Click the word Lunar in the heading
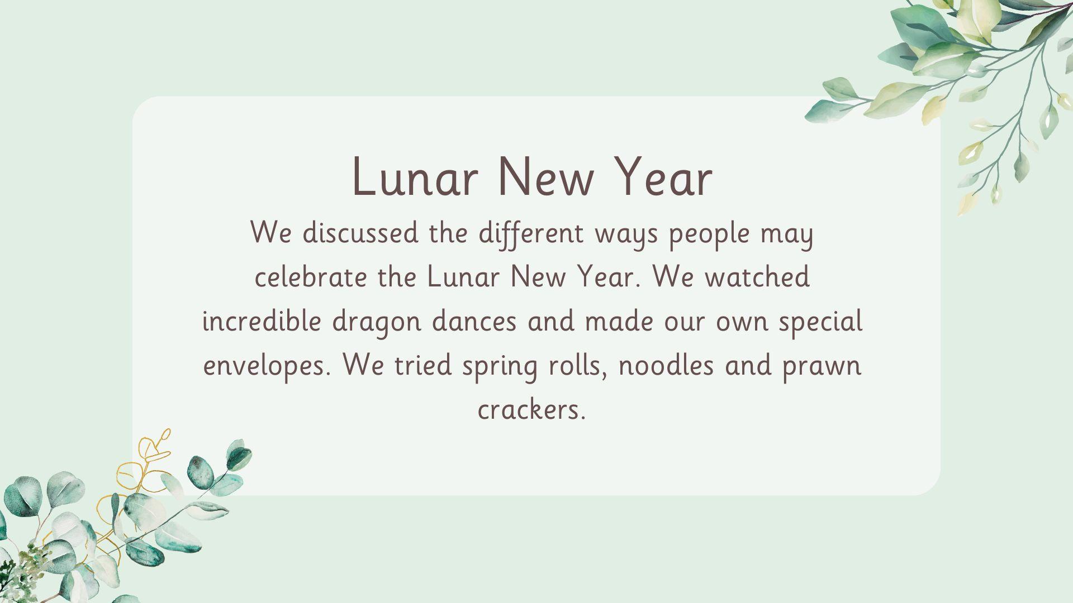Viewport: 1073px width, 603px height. pos(415,177)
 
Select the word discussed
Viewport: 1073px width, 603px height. pos(360,233)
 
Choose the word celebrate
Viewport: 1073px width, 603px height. pos(311,277)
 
